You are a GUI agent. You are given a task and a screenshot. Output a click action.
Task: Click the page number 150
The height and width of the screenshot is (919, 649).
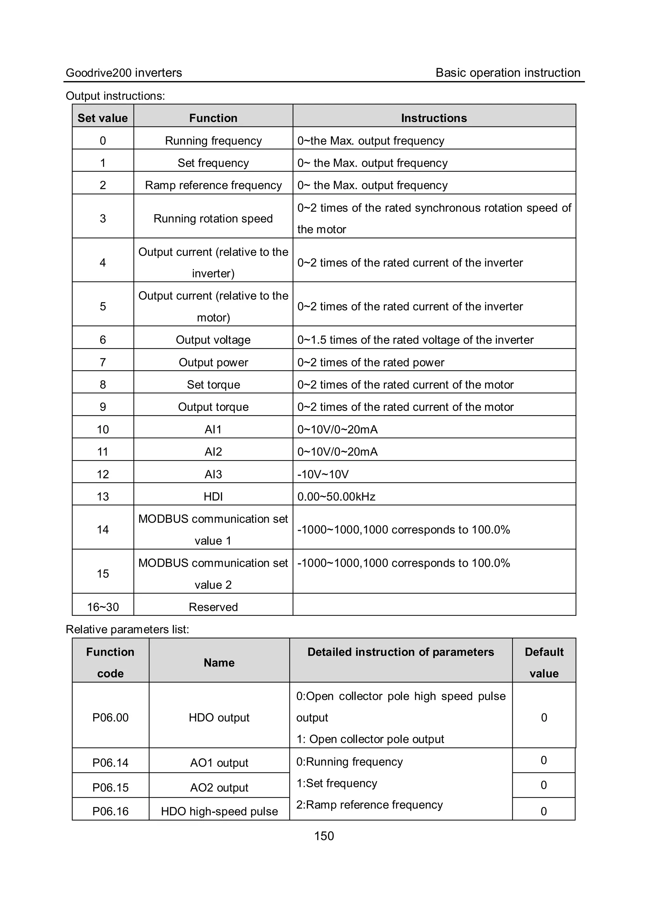point(324,836)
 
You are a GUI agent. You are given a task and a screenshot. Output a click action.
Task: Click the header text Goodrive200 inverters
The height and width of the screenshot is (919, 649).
point(124,73)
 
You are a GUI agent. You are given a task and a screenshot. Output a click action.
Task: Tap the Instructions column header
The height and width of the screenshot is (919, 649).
point(434,118)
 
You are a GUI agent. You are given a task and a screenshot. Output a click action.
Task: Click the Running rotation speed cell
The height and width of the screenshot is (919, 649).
point(213,219)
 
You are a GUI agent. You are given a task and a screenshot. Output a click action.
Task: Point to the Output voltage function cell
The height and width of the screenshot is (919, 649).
point(213,340)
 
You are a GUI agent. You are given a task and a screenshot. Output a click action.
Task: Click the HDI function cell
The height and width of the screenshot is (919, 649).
point(213,496)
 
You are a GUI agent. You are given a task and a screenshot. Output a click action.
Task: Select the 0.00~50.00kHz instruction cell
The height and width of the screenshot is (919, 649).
point(336,496)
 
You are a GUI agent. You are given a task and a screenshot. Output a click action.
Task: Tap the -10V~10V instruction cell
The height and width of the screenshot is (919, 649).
point(323,474)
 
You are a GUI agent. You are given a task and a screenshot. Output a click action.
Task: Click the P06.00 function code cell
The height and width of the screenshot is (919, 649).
point(111,717)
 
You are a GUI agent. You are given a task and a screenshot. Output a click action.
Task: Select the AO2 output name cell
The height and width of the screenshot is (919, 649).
point(219,787)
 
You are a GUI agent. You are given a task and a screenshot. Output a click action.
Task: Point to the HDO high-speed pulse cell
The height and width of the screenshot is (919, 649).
point(219,811)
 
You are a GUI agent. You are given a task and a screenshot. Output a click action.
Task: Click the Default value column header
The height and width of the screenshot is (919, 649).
point(544,662)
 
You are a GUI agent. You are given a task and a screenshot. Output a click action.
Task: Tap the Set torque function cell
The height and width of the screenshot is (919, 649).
point(213,385)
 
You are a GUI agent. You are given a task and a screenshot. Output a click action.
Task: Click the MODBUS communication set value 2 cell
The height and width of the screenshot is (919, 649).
point(213,574)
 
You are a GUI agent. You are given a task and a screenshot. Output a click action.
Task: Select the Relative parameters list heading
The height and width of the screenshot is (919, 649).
point(127,629)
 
